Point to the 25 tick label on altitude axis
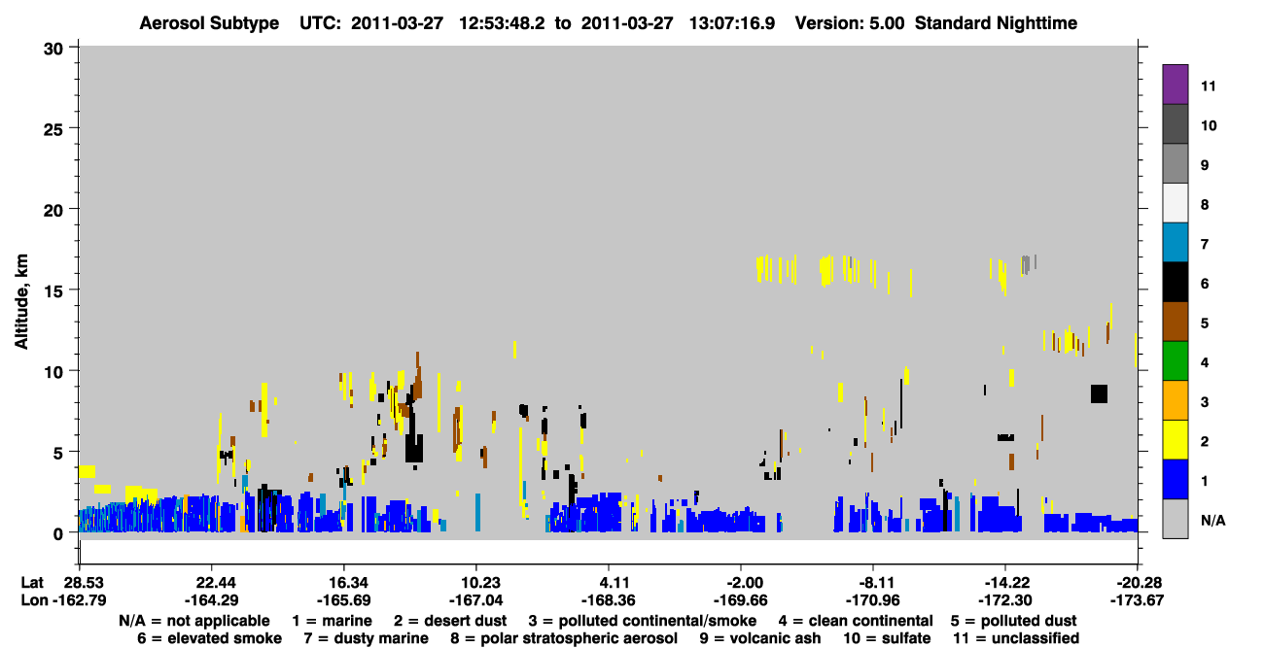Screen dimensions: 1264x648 click(53, 129)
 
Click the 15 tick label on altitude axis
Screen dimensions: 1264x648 click(53, 291)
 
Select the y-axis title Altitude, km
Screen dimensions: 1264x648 click(20, 302)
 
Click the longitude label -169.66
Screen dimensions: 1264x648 click(740, 599)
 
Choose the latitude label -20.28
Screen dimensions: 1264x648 click(1137, 582)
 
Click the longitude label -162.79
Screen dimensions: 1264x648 click(79, 599)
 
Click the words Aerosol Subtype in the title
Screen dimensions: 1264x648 click(209, 23)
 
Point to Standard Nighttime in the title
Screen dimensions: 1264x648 click(996, 23)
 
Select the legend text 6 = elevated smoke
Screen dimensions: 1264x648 click(209, 638)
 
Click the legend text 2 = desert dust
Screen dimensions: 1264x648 click(450, 621)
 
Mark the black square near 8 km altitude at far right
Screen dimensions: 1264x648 click(1099, 393)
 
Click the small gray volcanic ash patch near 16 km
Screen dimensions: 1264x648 click(1027, 264)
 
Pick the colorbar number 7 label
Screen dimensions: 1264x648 click(1204, 244)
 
